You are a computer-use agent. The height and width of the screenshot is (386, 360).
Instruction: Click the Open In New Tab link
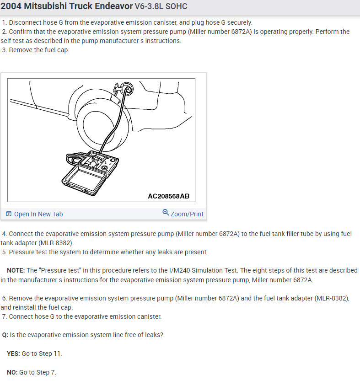click(38, 214)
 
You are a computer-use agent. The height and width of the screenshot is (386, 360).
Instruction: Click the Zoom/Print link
click(187, 214)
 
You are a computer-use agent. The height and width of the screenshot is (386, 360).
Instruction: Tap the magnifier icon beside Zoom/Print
click(166, 213)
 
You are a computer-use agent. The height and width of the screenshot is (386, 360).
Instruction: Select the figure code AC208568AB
click(168, 196)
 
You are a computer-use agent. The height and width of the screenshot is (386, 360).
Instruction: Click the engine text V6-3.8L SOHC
click(161, 7)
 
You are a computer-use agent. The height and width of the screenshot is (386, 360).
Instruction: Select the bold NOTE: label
click(16, 271)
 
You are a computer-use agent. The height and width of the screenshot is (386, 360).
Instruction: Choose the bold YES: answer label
click(13, 354)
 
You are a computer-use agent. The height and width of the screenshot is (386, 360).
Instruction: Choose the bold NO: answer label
click(12, 372)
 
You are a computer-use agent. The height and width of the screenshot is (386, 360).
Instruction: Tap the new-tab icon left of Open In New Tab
click(9, 214)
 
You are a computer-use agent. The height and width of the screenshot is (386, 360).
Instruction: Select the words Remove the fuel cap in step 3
click(39, 50)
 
